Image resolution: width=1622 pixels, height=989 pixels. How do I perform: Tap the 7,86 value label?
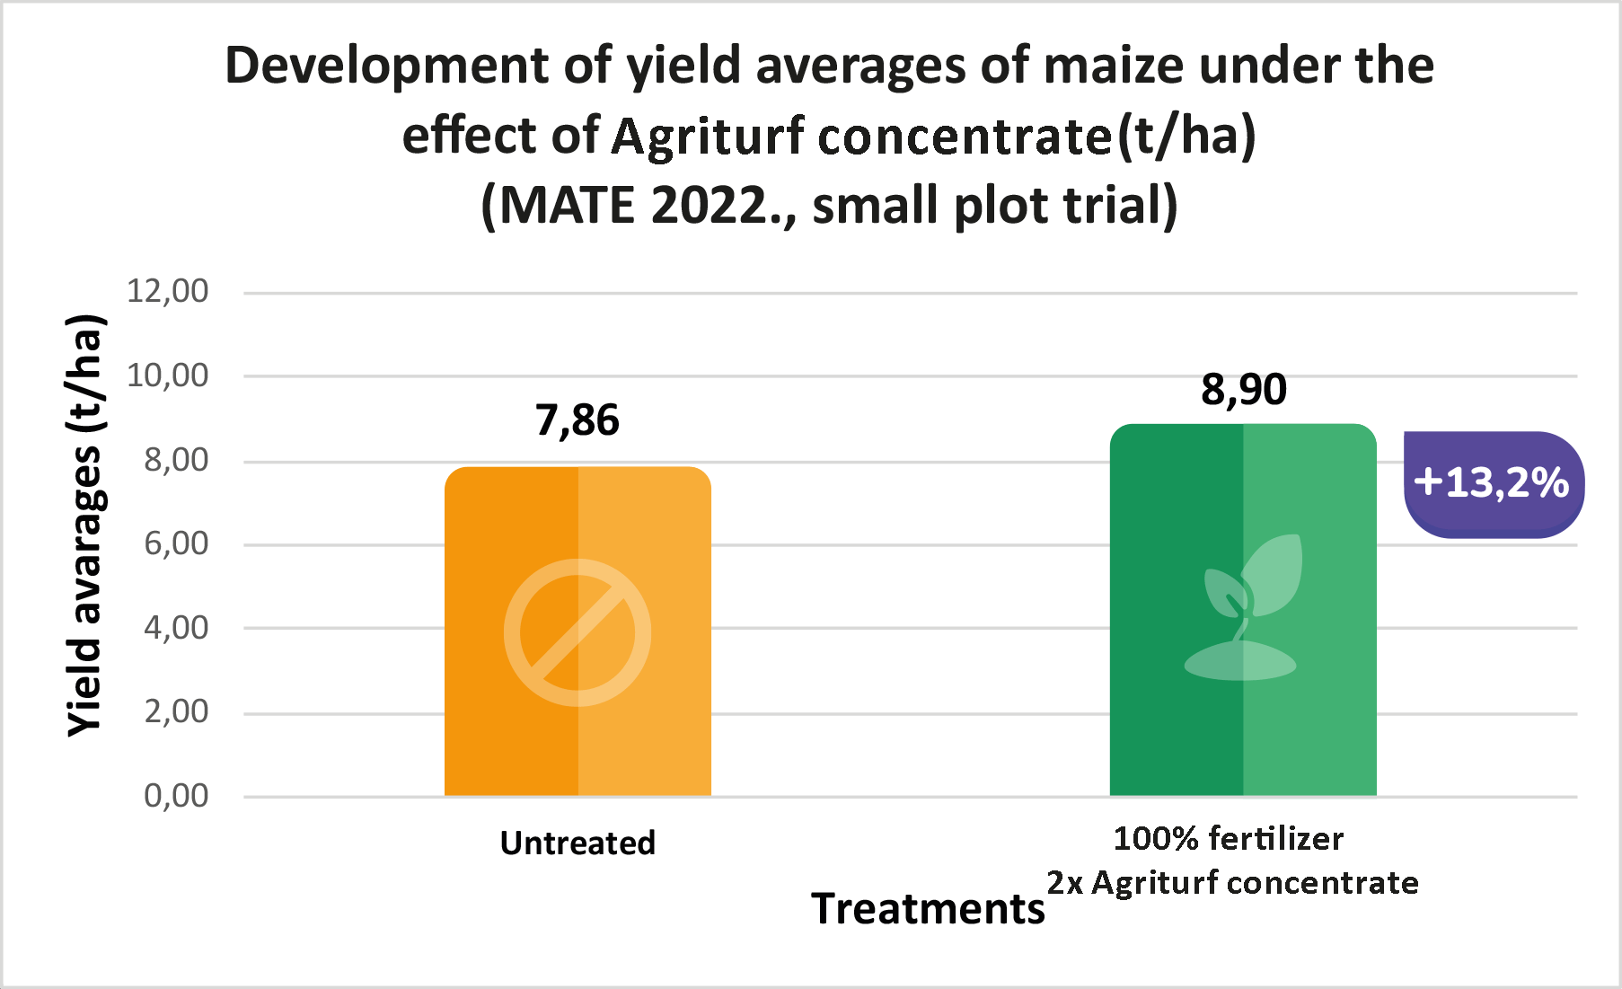tap(577, 420)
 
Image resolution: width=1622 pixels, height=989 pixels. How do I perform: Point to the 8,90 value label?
tap(1244, 389)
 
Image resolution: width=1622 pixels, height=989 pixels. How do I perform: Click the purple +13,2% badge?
tap(1493, 484)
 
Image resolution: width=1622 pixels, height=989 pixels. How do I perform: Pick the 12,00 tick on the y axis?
tap(168, 291)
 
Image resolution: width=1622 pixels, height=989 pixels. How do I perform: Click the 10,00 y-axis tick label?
tap(168, 375)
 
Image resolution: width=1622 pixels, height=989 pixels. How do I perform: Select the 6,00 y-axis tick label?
tap(176, 543)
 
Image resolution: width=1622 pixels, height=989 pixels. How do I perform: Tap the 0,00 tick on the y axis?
tap(176, 796)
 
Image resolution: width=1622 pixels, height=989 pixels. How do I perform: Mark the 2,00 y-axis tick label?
tap(176, 711)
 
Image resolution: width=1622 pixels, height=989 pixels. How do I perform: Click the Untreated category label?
tap(577, 843)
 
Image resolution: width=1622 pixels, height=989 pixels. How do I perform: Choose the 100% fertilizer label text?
tap(1228, 838)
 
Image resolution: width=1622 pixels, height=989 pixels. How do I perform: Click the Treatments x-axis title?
tap(928, 908)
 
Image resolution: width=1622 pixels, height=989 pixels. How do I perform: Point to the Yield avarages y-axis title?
tap(86, 526)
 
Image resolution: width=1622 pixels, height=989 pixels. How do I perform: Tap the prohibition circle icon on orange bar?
tap(577, 632)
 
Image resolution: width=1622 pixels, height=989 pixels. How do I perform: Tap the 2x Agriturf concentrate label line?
tap(1232, 883)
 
